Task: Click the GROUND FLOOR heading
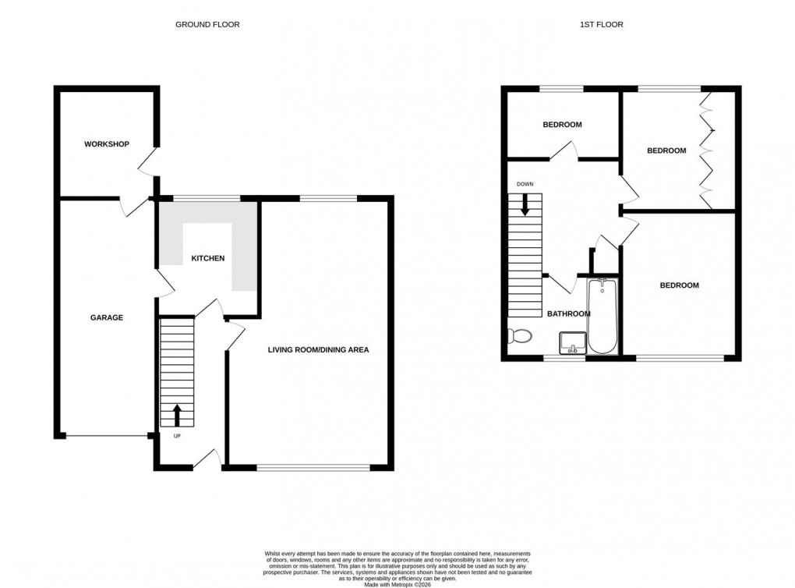(207, 25)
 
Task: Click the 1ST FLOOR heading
(601, 25)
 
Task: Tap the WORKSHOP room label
(107, 144)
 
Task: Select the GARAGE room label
(106, 317)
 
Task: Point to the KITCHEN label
(208, 258)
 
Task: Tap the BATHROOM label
(568, 313)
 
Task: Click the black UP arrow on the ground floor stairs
(177, 415)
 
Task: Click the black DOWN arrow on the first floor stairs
(525, 204)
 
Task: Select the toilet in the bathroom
(518, 336)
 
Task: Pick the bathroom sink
(573, 342)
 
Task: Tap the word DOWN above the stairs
(525, 184)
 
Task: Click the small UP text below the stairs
(177, 436)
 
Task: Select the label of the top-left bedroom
(562, 125)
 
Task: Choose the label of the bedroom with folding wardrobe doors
(666, 151)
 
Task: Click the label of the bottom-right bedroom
(679, 285)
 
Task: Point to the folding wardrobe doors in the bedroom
(707, 151)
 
